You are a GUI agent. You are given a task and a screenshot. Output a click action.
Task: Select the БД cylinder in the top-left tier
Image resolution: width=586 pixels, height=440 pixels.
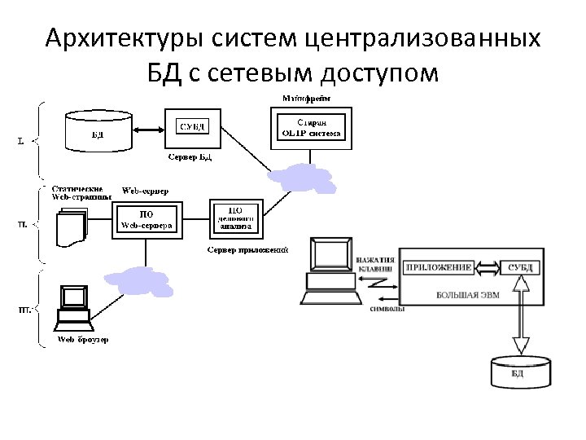click(98, 130)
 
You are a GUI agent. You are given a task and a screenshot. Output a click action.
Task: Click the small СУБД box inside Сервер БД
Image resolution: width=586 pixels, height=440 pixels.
click(191, 125)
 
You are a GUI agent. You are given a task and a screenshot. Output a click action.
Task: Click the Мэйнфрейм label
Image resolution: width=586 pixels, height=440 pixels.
click(306, 98)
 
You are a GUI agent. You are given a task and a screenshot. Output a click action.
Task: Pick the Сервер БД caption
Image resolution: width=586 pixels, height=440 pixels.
click(190, 156)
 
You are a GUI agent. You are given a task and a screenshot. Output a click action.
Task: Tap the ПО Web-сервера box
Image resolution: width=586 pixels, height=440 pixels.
click(146, 220)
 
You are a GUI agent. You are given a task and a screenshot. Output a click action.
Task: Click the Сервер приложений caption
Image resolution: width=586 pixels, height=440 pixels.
click(247, 249)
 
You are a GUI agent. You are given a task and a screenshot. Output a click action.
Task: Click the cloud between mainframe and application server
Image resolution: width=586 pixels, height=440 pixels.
click(304, 178)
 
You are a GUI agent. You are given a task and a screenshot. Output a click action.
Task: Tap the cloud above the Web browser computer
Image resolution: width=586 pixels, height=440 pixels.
click(133, 279)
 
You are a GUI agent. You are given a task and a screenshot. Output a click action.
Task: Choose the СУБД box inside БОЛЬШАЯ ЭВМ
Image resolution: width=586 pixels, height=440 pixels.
click(520, 267)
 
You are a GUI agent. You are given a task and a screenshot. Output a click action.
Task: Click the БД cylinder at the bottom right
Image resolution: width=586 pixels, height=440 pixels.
click(518, 372)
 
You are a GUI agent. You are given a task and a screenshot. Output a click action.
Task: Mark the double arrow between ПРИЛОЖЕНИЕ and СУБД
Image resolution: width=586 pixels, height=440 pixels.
click(486, 267)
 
